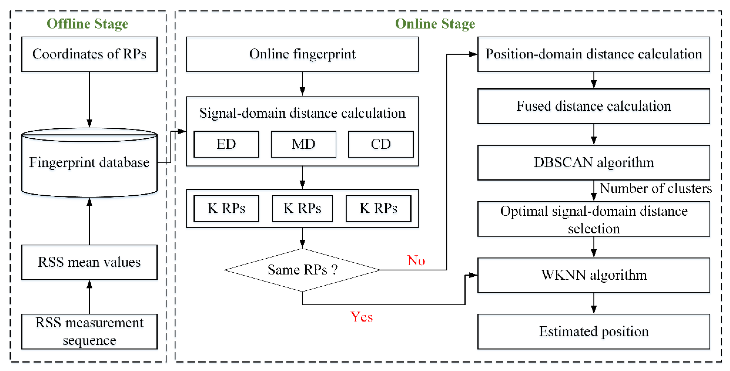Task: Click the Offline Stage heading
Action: coord(87,24)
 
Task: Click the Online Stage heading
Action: coord(435,24)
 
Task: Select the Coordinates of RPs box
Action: coord(89,54)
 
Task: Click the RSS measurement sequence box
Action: coord(89,331)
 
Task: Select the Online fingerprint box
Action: coord(302,54)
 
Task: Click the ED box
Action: coord(226,144)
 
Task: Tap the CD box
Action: coord(381,144)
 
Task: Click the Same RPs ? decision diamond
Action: coord(302,270)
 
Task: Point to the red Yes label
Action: coord(361,317)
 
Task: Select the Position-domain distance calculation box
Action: coord(593,54)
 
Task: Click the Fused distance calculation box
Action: coord(593,106)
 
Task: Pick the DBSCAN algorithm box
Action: coord(593,162)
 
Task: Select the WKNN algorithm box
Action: coord(593,275)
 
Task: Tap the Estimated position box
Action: coord(593,331)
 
